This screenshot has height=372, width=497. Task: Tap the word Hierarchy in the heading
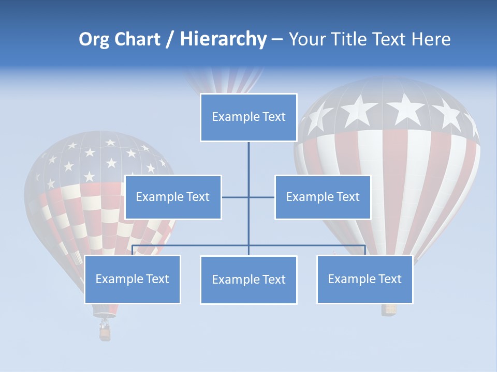point(223,39)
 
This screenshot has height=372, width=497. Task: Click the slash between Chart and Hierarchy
point(169,40)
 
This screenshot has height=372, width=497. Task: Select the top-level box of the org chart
point(248,117)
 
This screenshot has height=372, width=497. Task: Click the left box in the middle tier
point(173,197)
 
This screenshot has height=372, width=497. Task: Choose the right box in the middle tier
point(323,197)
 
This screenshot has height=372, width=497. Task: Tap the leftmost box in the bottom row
point(133,280)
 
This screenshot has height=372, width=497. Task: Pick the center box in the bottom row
point(248,280)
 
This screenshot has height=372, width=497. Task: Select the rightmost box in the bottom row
point(364,280)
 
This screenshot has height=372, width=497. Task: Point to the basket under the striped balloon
point(389,309)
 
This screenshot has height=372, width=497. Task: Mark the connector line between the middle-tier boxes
point(248,197)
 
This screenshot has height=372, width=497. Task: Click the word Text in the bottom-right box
point(389,280)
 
